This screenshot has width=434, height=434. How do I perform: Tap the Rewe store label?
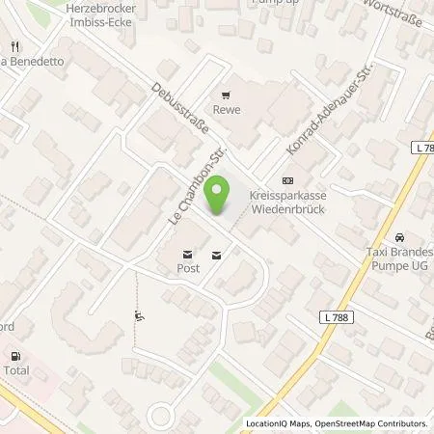[226, 109]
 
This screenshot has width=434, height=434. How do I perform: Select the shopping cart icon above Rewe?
[226, 95]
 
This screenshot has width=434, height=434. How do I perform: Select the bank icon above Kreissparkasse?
[285, 180]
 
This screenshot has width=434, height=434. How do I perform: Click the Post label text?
[187, 269]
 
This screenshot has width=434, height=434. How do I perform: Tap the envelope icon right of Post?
[215, 255]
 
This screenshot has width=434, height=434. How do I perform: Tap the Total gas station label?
[16, 370]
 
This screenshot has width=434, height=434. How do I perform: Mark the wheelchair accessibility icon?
[141, 315]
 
